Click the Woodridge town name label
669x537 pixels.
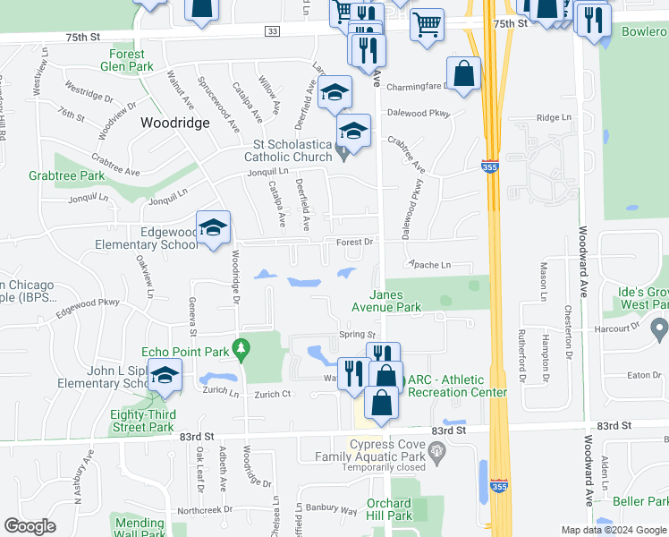[x=174, y=124]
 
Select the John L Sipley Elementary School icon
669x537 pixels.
[x=165, y=376]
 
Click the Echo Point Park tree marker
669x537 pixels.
[x=240, y=346]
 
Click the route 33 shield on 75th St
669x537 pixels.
[x=273, y=31]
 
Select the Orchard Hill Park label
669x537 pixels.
[x=389, y=509]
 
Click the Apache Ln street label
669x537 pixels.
[x=429, y=266]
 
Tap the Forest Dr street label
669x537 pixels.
[x=354, y=242]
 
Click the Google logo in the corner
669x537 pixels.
[x=30, y=526]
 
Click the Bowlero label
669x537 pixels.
[x=644, y=32]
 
